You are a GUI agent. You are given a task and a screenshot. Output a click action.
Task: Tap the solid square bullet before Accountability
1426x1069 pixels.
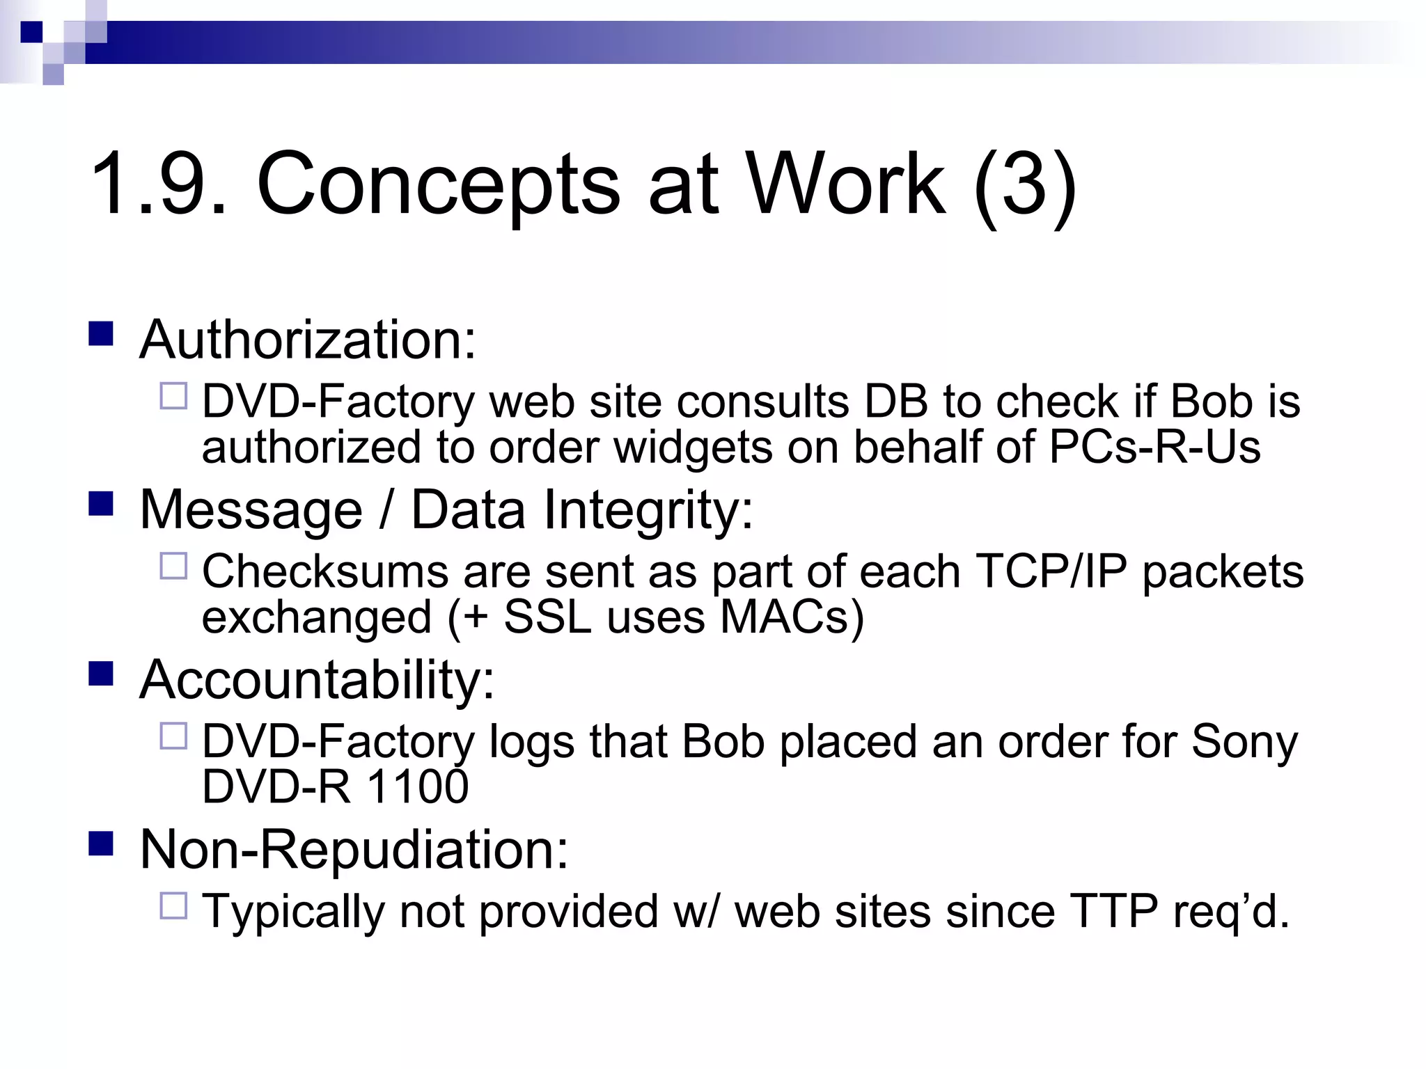(x=101, y=674)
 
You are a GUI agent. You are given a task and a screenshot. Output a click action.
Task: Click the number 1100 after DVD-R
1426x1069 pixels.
(x=417, y=787)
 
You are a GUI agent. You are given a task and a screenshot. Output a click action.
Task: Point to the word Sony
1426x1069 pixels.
(x=1244, y=742)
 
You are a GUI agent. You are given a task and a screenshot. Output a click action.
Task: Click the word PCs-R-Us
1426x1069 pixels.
(x=1154, y=447)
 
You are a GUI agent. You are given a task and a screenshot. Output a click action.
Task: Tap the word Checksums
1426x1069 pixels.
(x=325, y=572)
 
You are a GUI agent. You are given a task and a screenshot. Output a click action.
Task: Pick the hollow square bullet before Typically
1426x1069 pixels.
(x=173, y=906)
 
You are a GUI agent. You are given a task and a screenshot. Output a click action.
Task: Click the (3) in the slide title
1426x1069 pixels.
(x=1025, y=184)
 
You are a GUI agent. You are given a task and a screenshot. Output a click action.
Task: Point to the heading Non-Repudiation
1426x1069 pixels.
(x=354, y=850)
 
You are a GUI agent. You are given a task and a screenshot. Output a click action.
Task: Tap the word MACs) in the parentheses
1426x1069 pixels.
(x=792, y=617)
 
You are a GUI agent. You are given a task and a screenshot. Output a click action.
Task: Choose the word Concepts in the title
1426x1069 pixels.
(x=439, y=184)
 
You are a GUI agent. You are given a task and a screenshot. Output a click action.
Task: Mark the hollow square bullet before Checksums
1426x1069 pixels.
(x=173, y=566)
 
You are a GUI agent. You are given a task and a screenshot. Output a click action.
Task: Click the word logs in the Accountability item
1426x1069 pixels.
(x=531, y=742)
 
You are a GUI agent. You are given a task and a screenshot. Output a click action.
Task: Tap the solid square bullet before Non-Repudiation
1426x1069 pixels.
(x=101, y=844)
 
